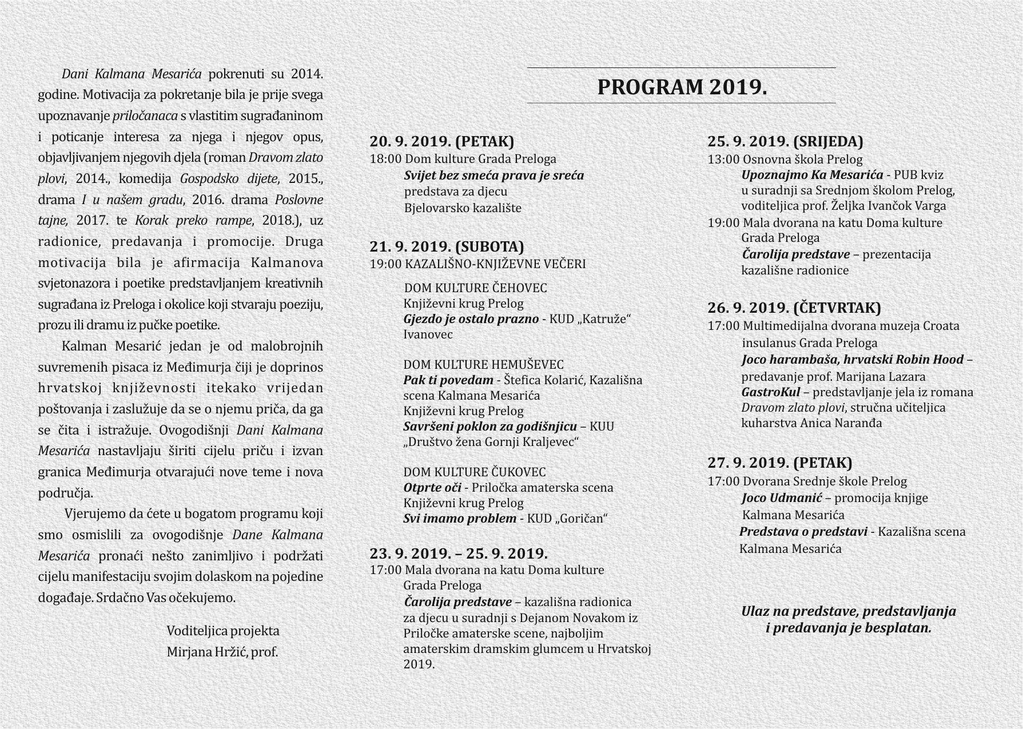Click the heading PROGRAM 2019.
point(682,87)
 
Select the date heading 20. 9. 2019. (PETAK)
point(441,141)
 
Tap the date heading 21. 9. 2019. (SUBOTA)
point(447,246)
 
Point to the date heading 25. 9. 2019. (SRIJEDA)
point(785,141)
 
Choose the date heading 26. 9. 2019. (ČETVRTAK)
point(794,308)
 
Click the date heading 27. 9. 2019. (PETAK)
point(779,463)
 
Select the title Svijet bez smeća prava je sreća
point(494,175)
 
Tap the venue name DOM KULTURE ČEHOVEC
point(475,288)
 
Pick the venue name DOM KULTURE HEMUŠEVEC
point(483,364)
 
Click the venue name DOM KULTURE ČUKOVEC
point(475,472)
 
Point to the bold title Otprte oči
point(432,488)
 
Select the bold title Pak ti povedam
point(448,380)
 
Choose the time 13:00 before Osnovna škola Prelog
point(723,160)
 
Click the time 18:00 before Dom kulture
point(385,159)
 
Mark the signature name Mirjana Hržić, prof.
point(222,652)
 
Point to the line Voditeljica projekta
point(223,631)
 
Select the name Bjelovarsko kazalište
point(463,208)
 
